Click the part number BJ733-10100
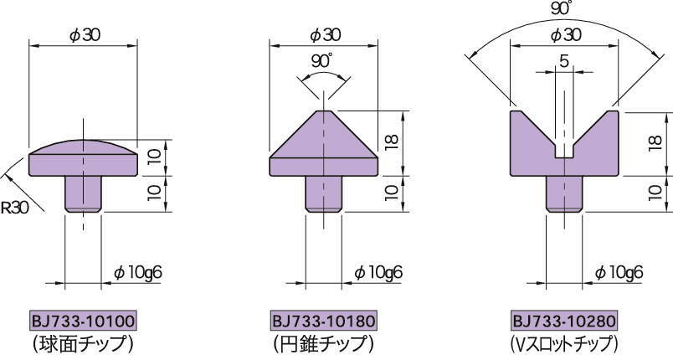(83, 321)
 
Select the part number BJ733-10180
(324, 321)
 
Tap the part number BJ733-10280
(564, 321)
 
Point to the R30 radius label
(14, 208)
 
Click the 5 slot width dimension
(564, 61)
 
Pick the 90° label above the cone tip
(322, 61)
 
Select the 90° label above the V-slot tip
(562, 8)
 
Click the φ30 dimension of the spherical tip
(85, 35)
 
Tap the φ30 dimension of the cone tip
(325, 35)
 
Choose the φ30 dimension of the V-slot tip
(566, 35)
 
